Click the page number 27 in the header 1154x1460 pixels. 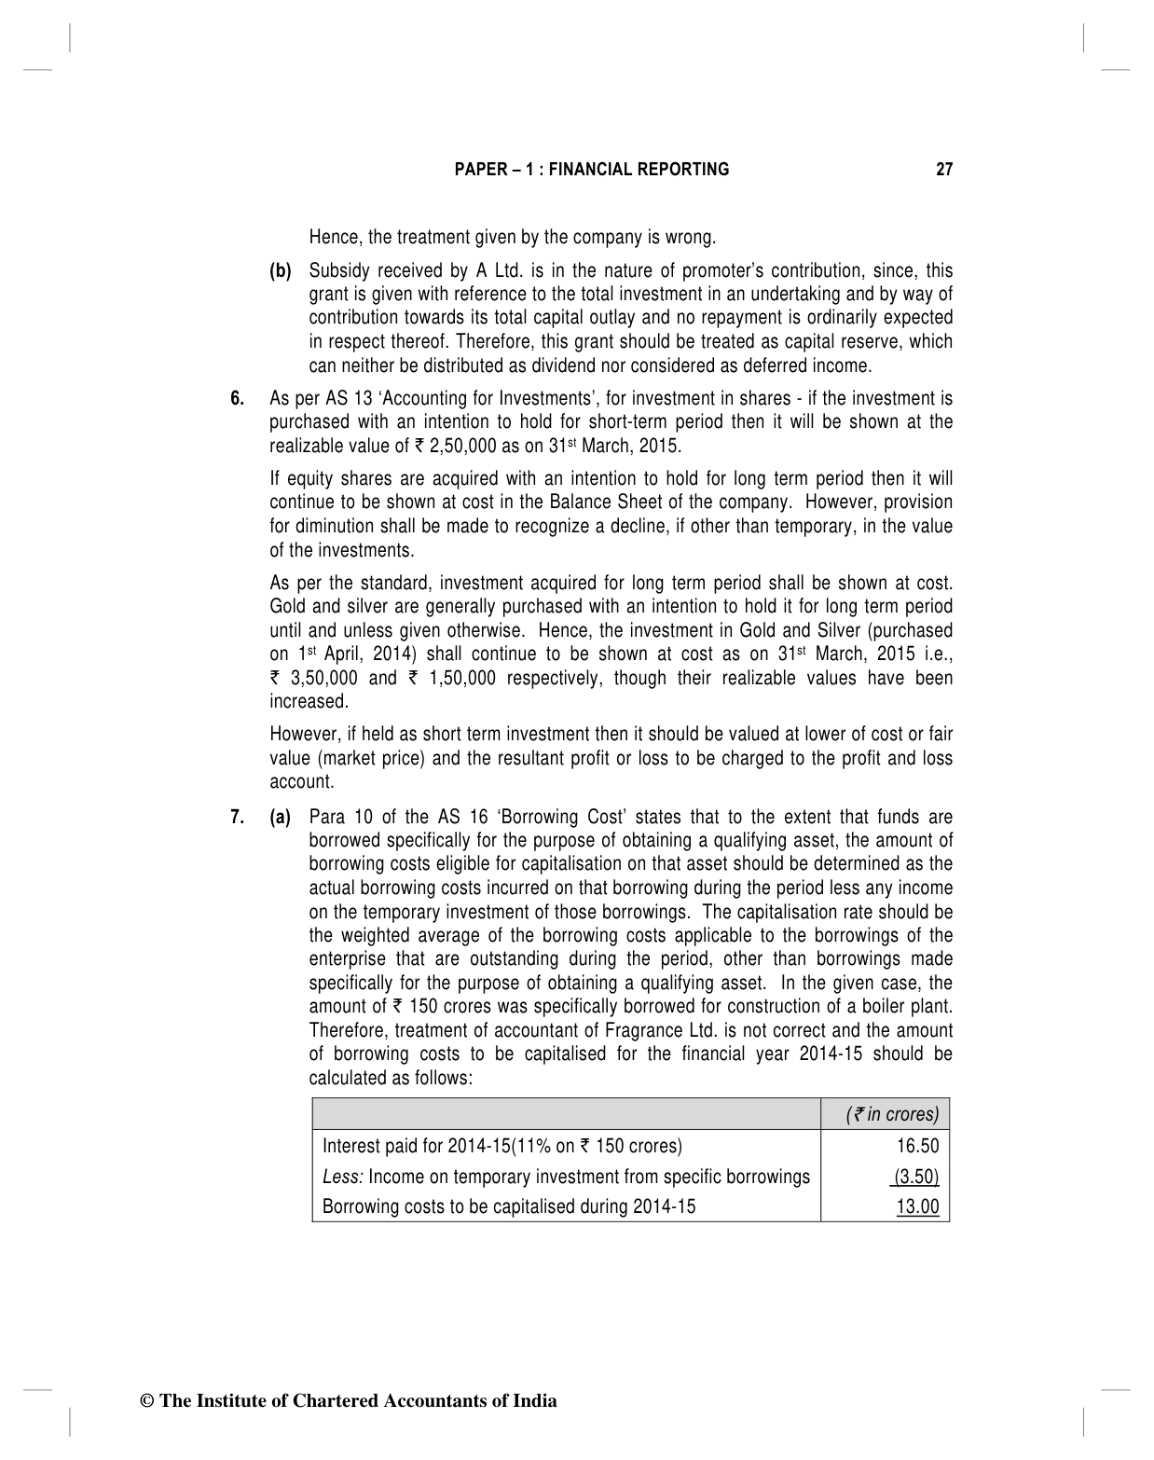point(944,170)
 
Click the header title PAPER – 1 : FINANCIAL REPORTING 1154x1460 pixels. point(591,170)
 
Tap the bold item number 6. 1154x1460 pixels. point(238,399)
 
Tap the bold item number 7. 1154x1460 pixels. point(238,818)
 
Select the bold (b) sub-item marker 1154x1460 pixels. point(281,271)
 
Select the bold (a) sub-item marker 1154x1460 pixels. point(281,818)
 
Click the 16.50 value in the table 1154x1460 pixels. point(918,1146)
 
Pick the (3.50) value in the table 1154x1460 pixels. point(915,1177)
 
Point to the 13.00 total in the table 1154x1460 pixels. point(917,1206)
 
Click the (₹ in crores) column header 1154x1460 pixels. point(892,1115)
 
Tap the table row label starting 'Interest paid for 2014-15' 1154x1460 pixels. point(502,1146)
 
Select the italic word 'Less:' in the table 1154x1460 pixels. point(342,1177)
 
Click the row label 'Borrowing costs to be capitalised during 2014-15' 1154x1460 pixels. point(509,1206)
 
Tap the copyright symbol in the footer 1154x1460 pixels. point(145,1401)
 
